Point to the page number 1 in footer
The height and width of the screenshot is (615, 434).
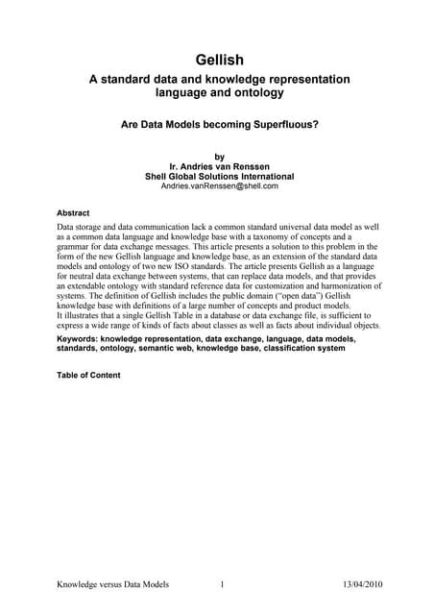pyautogui.click(x=222, y=584)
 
